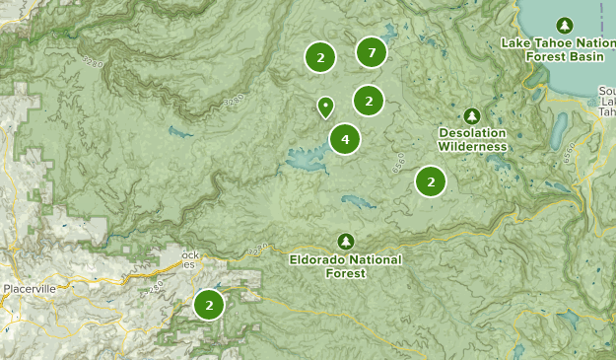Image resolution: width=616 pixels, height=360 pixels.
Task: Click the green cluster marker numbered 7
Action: tap(371, 52)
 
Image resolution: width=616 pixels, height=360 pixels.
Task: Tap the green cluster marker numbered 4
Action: tap(345, 139)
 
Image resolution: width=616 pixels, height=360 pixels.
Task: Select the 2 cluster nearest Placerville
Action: tap(210, 305)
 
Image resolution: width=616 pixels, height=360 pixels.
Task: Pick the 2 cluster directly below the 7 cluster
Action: tap(369, 100)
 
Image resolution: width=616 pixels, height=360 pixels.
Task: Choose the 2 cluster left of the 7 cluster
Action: tap(318, 56)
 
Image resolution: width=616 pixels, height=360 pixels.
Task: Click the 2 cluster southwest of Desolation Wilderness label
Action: tap(431, 180)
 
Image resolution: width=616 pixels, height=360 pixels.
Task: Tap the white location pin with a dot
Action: tap(325, 106)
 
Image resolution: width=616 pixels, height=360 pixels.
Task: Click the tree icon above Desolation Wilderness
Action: tap(472, 115)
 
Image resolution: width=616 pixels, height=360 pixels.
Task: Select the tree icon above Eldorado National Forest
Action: tap(345, 240)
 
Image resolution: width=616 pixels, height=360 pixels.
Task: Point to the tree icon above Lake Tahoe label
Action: tap(565, 25)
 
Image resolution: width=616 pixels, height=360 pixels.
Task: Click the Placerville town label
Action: tap(29, 287)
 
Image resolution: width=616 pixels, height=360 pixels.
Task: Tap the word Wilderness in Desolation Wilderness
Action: tap(473, 147)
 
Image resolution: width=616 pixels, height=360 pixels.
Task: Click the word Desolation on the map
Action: tap(473, 133)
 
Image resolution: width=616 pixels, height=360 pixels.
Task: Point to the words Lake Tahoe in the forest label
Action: tap(536, 42)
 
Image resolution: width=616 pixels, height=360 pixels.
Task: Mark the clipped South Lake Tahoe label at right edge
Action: tap(607, 101)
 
